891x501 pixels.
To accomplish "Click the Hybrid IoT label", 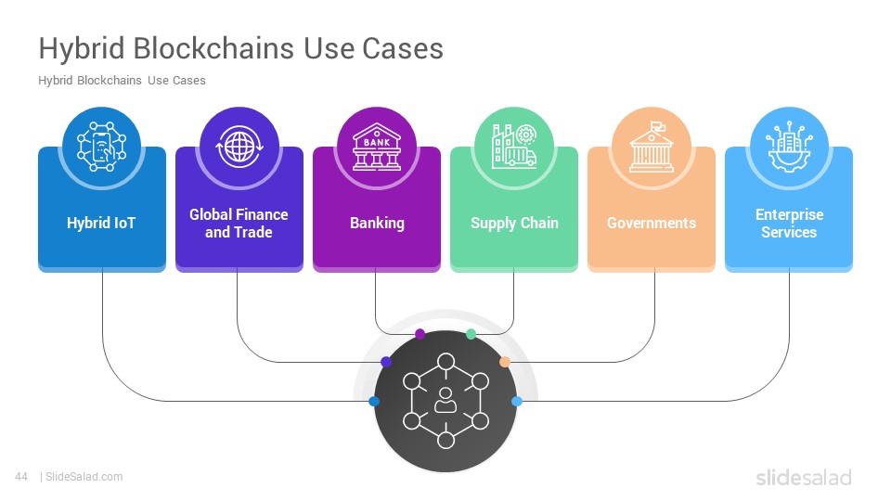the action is pos(101,223).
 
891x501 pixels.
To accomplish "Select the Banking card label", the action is pos(377,223).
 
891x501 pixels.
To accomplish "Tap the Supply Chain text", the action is pos(514,224).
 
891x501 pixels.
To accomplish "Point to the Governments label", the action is pos(652,223).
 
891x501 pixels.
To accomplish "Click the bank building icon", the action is pos(377,147).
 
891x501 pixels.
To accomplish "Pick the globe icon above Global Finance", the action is pos(239,147).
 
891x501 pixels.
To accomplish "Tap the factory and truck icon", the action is pos(514,146).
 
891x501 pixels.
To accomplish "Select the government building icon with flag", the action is pos(652,147).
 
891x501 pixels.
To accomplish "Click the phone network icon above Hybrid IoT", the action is pos(102,147).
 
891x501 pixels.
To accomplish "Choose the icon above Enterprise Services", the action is pos(789,147).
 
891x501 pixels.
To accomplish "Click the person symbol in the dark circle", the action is pos(445,400).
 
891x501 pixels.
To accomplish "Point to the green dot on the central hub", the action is pos(471,334).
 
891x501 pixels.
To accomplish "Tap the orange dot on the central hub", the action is pos(505,362).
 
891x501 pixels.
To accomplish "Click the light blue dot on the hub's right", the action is pos(517,401).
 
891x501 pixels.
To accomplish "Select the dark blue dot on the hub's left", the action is pos(374,401).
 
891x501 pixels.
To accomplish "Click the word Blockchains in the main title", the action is pos(214,47).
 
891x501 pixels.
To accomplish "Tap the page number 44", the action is pos(21,477).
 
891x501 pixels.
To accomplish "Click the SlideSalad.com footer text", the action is pos(84,477).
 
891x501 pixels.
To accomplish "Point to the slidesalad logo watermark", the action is pos(804,477).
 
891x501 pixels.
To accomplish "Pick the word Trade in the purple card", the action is pos(252,232).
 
